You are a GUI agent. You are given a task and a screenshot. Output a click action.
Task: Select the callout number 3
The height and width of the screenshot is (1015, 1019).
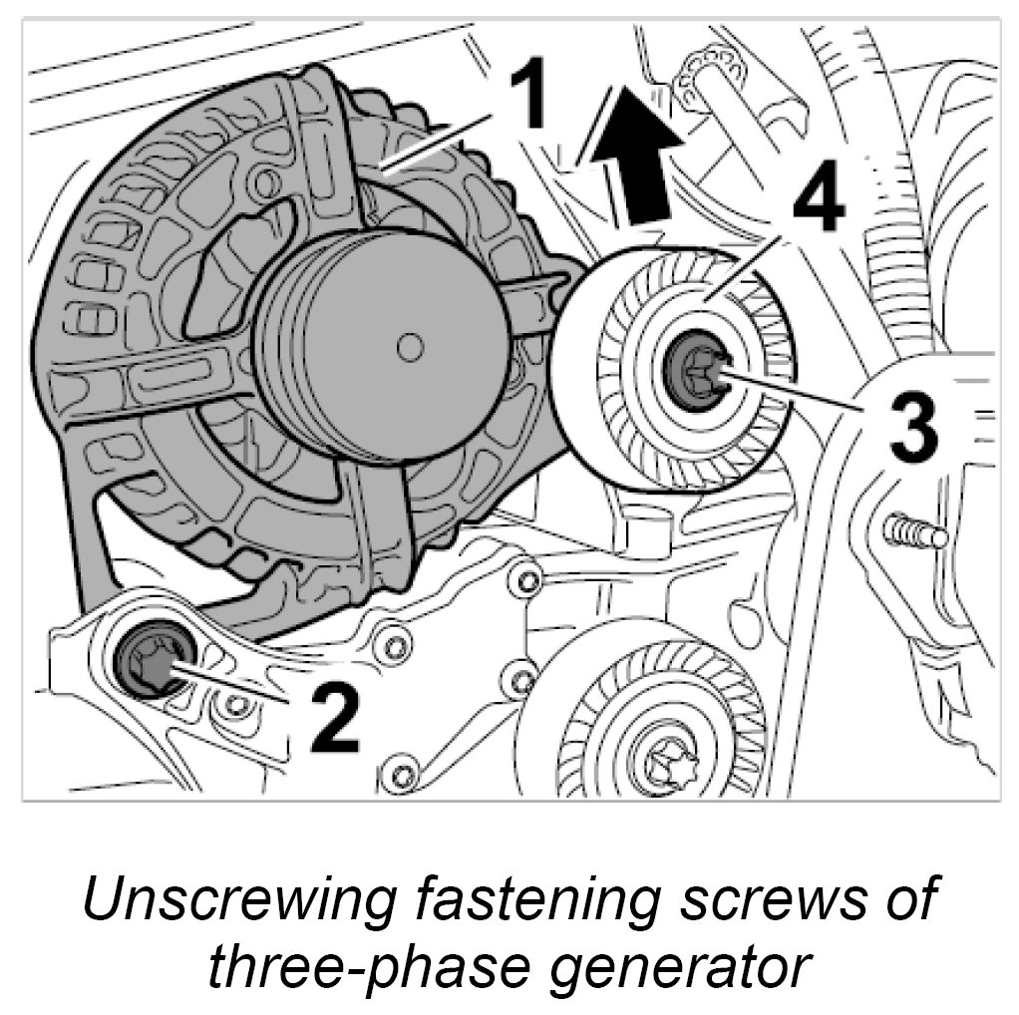click(x=912, y=425)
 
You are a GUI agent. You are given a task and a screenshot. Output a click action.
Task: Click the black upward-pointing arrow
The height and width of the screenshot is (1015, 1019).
click(x=639, y=150)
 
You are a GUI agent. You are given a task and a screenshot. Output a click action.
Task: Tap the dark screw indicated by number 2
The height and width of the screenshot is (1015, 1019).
click(x=152, y=660)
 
